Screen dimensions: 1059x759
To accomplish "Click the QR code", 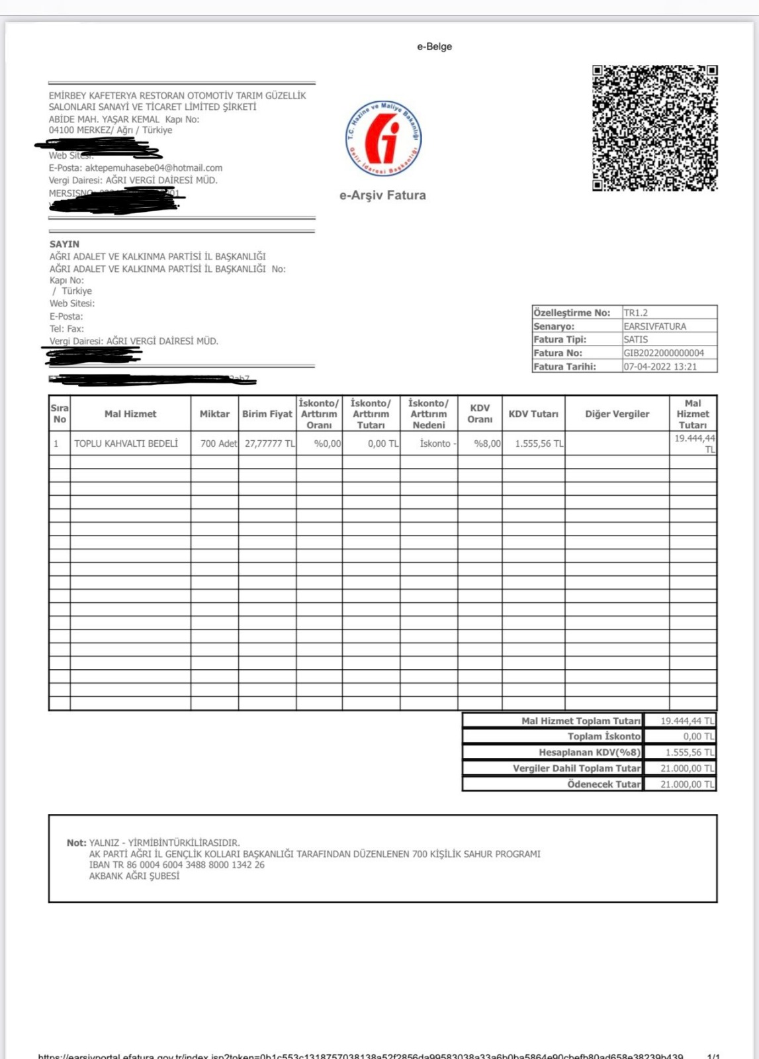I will click(654, 128).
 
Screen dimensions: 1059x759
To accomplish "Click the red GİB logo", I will click(384, 138).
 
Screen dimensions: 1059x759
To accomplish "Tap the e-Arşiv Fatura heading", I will click(382, 195).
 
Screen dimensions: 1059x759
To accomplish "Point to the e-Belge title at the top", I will click(434, 46).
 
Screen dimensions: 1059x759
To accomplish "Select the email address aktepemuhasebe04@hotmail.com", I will click(154, 168).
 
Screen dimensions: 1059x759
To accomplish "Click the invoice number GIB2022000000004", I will click(664, 353).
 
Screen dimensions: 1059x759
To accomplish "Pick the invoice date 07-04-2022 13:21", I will click(660, 366).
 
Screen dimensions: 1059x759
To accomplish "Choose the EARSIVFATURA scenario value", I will click(654, 326).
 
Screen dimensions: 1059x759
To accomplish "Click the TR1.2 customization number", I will click(635, 312).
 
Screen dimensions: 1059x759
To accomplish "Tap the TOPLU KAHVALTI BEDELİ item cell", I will click(126, 443).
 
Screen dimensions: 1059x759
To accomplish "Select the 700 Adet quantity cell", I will click(218, 443).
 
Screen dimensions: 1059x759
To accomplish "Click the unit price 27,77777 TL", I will click(269, 443).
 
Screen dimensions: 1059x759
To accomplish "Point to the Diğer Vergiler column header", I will click(617, 414).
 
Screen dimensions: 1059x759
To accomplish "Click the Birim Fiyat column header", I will click(267, 414).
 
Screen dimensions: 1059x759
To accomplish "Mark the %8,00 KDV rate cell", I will click(487, 443).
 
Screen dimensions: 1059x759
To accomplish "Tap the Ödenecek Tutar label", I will click(603, 784).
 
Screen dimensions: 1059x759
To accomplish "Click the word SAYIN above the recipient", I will click(64, 244).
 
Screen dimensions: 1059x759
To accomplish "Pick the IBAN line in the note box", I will click(177, 864).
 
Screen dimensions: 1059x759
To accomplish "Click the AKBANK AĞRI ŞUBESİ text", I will click(134, 876).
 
